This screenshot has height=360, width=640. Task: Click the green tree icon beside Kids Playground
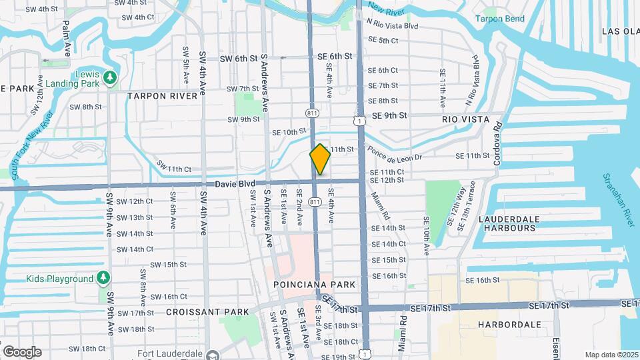pyautogui.click(x=103, y=277)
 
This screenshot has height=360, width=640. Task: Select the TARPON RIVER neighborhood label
pyautogui.click(x=163, y=95)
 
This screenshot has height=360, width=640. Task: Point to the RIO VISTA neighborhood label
pyautogui.click(x=465, y=120)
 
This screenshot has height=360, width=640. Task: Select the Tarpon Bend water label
pyautogui.click(x=501, y=19)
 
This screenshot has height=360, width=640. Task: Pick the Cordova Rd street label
pyautogui.click(x=496, y=143)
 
